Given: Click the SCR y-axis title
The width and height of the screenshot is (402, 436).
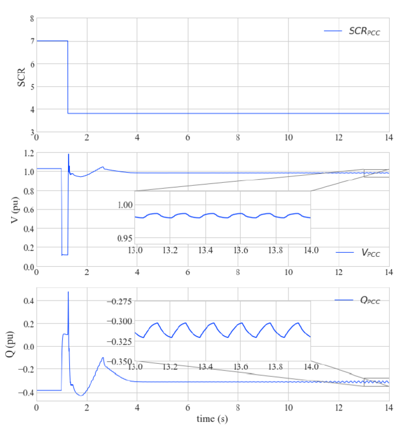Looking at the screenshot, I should pyautogui.click(x=21, y=75).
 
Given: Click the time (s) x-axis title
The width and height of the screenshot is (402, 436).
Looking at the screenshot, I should pyautogui.click(x=212, y=419).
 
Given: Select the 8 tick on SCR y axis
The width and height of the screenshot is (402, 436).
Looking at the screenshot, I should pyautogui.click(x=31, y=19).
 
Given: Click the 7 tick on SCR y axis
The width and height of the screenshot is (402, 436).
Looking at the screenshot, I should pyautogui.click(x=31, y=41).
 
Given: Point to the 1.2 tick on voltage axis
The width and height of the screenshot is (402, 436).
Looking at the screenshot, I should pyautogui.click(x=28, y=153).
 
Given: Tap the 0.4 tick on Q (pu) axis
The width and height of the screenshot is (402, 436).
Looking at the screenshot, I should pyautogui.click(x=28, y=301).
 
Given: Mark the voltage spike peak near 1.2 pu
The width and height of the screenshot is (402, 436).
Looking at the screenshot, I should pyautogui.click(x=69, y=154).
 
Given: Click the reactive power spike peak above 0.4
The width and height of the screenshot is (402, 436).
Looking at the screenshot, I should pyautogui.click(x=68, y=292).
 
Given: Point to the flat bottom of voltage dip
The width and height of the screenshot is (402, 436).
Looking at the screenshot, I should pyautogui.click(x=64, y=254).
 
